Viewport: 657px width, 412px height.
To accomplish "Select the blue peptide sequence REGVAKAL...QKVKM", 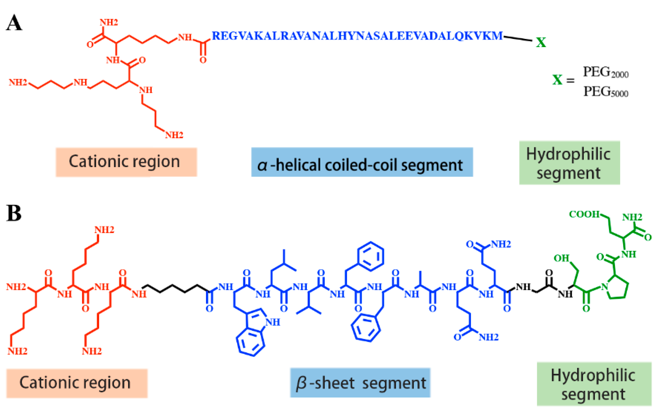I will pos(357,36).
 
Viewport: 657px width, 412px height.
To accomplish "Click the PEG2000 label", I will pos(605,72).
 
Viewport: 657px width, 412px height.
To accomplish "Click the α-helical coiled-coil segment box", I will pos(362,162).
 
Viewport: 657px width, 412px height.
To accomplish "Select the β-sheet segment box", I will pos(360,383).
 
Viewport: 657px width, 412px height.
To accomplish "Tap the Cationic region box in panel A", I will pos(126,162).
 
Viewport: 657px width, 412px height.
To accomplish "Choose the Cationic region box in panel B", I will pos(77,383).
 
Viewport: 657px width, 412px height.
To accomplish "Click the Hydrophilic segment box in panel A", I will pos(569,163).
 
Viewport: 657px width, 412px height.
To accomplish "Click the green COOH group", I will pos(584,214).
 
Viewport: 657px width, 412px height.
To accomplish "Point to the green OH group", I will pos(561,258).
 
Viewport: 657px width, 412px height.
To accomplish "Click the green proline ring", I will pos(617,288).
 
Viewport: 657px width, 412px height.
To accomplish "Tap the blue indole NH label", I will pos(273,322).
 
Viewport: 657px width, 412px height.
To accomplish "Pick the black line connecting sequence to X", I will pos(517,38).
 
